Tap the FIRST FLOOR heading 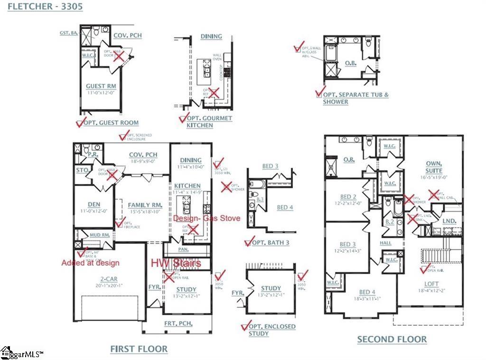pyautogui.click(x=139, y=349)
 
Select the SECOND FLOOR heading pyautogui.click(x=392, y=339)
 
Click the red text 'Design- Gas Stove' pyautogui.click(x=206, y=218)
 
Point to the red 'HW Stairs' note pyautogui.click(x=176, y=263)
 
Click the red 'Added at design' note pyautogui.click(x=90, y=263)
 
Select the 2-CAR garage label pyautogui.click(x=108, y=279)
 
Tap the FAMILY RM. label pyautogui.click(x=145, y=205)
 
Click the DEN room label pyautogui.click(x=94, y=204)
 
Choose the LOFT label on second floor pyautogui.click(x=432, y=284)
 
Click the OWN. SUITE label pyautogui.click(x=433, y=167)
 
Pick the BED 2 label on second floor pyautogui.click(x=348, y=197)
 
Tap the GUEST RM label pyautogui.click(x=101, y=86)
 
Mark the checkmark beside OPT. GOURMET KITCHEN pyautogui.click(x=182, y=118)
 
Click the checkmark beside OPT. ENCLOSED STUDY pyautogui.click(x=245, y=326)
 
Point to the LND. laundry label pyautogui.click(x=449, y=221)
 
